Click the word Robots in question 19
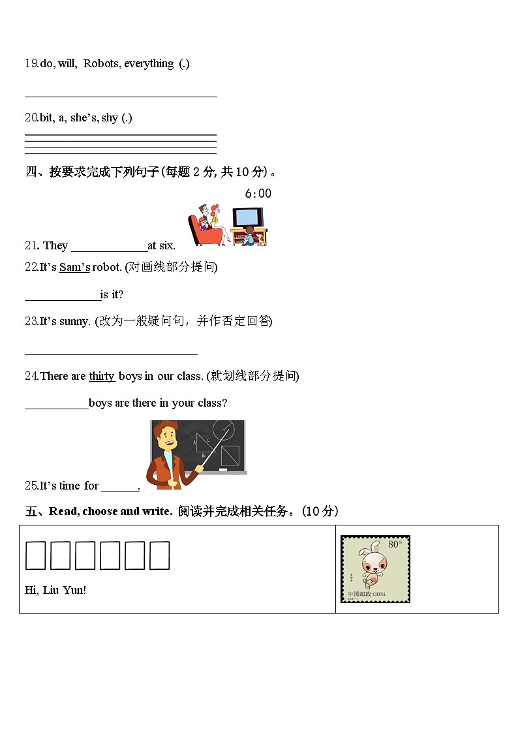pos(101,63)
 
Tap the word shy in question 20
pos(110,117)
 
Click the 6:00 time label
pos(258,193)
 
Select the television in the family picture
pos(248,218)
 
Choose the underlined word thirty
pos(102,375)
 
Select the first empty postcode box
pos(35,555)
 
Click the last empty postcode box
pos(159,555)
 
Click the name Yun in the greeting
pos(72,590)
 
